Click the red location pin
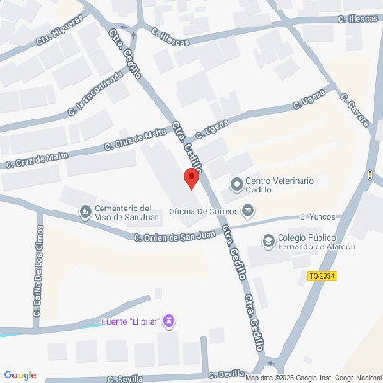coord(191,178)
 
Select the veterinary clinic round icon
coord(236,183)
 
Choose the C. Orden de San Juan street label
coord(173,237)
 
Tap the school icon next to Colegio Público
coord(269,242)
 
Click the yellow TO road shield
coord(321,277)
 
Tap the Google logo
coord(20,374)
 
